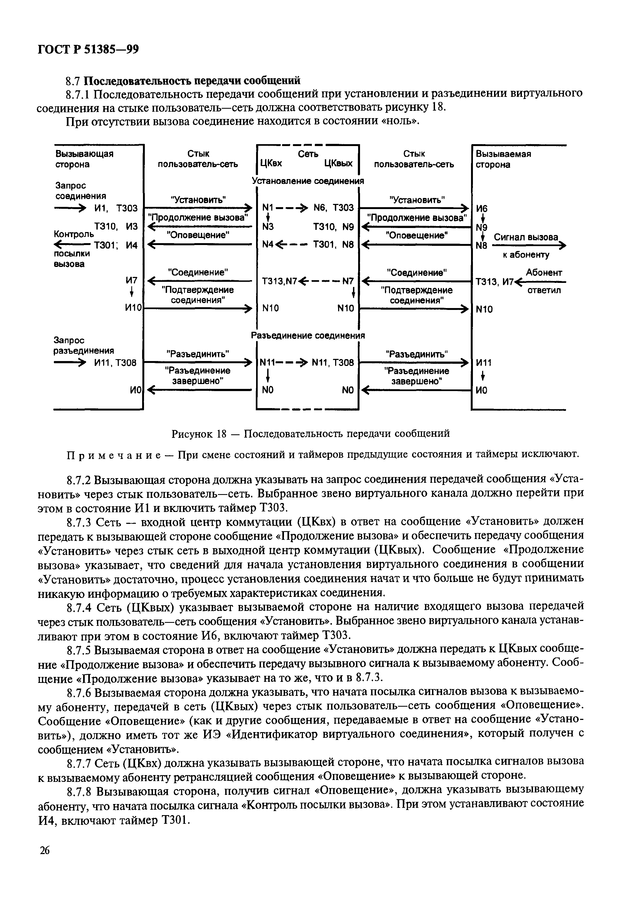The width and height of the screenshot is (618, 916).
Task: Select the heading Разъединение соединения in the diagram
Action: [x=308, y=336]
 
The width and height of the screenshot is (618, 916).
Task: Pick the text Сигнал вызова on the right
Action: [x=526, y=237]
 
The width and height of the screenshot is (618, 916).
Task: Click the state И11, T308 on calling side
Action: [x=115, y=363]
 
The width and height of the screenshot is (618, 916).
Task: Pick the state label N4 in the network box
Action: [x=268, y=245]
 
